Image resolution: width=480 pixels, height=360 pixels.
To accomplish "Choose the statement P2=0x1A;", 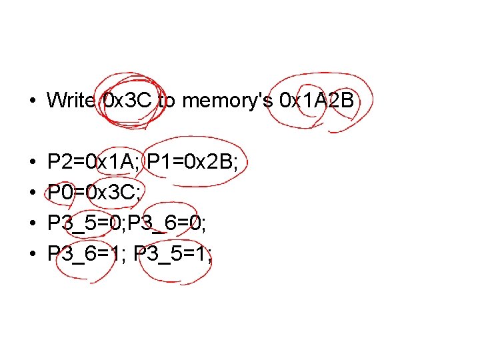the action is pos(94,162).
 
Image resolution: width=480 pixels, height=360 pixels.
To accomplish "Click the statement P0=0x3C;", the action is pos(93,192).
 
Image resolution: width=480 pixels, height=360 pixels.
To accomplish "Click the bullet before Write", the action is pos(31,101).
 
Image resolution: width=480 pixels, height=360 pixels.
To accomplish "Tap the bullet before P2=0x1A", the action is pos(31,163).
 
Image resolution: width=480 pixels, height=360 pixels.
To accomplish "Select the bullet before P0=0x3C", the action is pos(31,193).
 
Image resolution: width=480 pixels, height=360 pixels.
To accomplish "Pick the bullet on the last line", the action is pos(31,254).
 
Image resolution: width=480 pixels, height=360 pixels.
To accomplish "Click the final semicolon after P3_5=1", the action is pos(209,256).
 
